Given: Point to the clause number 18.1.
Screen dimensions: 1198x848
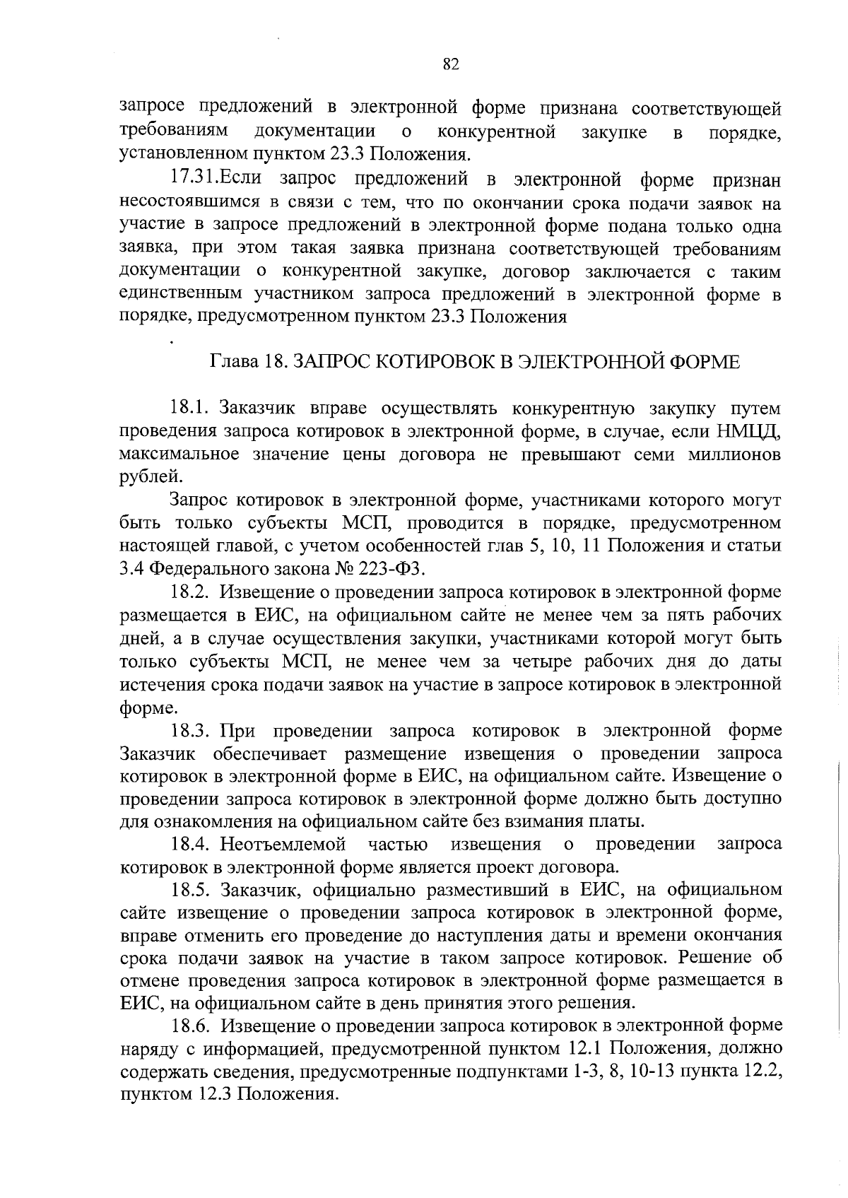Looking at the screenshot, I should tap(190, 408).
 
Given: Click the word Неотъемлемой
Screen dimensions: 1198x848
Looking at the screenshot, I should tap(283, 844).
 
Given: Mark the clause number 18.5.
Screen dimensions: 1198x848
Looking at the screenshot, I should tap(190, 889).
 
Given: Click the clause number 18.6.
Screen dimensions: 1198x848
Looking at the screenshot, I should tap(190, 1025).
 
